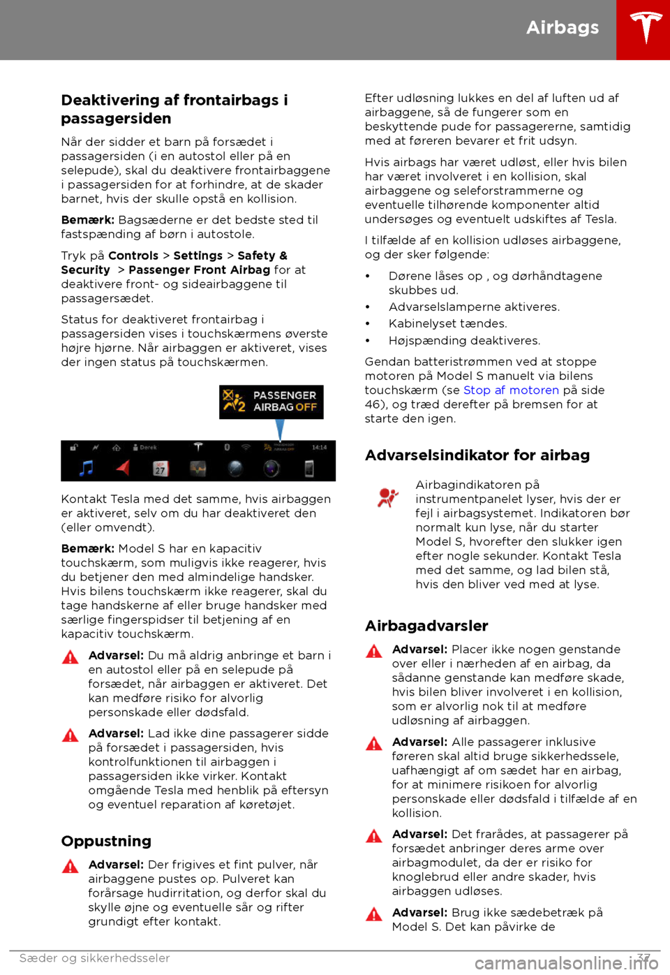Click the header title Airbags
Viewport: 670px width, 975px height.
(x=563, y=27)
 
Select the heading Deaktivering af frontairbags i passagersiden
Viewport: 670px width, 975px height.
(x=174, y=109)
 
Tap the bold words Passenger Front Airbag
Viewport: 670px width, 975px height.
(x=199, y=270)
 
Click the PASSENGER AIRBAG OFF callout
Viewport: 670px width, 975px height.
(x=271, y=402)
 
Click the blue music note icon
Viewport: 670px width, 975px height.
(x=87, y=468)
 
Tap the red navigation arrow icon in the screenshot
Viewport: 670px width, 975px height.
(x=123, y=467)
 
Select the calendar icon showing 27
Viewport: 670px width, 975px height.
(x=160, y=469)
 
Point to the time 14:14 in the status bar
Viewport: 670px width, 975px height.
(x=319, y=447)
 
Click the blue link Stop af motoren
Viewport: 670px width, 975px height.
(x=511, y=390)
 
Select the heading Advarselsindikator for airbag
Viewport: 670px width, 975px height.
(x=477, y=455)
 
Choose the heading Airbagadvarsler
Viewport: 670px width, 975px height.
(x=426, y=626)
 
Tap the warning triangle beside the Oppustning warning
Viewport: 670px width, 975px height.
(x=70, y=867)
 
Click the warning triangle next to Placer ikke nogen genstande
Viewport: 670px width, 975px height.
(x=374, y=652)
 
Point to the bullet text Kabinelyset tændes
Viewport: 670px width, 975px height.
(x=448, y=323)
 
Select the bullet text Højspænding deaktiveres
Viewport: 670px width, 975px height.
(x=464, y=340)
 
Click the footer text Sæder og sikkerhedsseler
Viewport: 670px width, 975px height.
(x=95, y=958)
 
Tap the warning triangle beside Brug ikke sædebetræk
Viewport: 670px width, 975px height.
(x=374, y=914)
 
